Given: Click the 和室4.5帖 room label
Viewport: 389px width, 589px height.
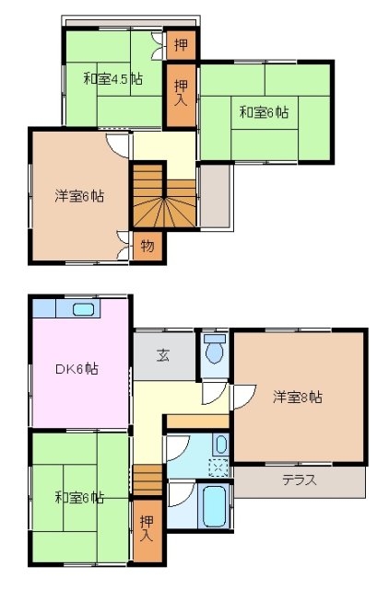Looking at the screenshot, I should pyautogui.click(x=112, y=79).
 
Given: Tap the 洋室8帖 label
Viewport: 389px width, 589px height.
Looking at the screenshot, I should pyautogui.click(x=297, y=397).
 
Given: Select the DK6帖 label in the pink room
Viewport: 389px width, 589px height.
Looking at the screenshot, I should pyautogui.click(x=77, y=369).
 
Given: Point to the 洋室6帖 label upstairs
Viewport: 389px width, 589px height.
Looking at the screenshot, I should pyautogui.click(x=78, y=196).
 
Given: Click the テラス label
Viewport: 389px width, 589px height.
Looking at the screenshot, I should pyautogui.click(x=301, y=479).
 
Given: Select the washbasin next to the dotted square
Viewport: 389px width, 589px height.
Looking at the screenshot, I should pyautogui.click(x=220, y=445).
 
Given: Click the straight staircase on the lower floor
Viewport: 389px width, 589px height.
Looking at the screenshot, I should pyautogui.click(x=147, y=479).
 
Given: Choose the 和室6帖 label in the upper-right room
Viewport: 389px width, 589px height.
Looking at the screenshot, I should pyautogui.click(x=264, y=113).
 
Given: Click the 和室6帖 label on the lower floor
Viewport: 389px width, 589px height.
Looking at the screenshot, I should pyautogui.click(x=78, y=498).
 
